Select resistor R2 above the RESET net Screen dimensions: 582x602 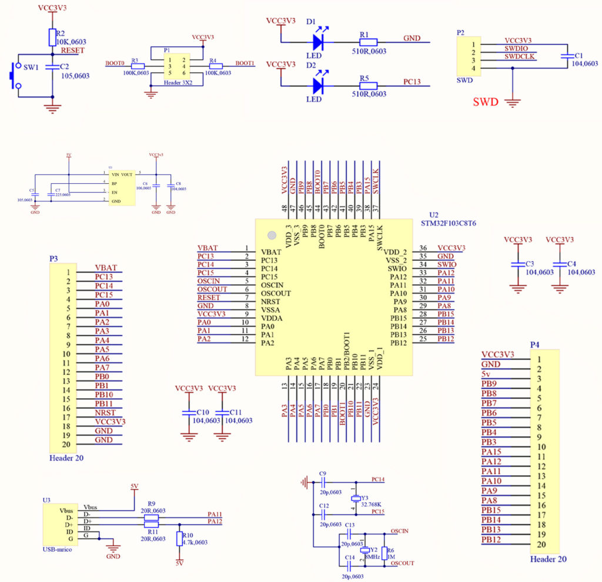(52, 37)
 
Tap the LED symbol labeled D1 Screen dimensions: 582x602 (318, 42)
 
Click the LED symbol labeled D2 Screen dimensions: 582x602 (318, 86)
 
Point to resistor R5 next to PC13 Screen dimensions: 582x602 (368, 86)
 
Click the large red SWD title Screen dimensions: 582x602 (486, 102)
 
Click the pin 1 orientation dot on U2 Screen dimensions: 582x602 (271, 235)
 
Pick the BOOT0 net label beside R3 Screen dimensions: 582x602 (115, 63)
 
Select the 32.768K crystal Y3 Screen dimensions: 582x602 (355, 497)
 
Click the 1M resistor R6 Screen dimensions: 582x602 (384, 553)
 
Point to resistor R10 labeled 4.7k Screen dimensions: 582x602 (179, 539)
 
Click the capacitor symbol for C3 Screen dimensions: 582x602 (518, 265)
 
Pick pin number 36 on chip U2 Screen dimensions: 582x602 (423, 248)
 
